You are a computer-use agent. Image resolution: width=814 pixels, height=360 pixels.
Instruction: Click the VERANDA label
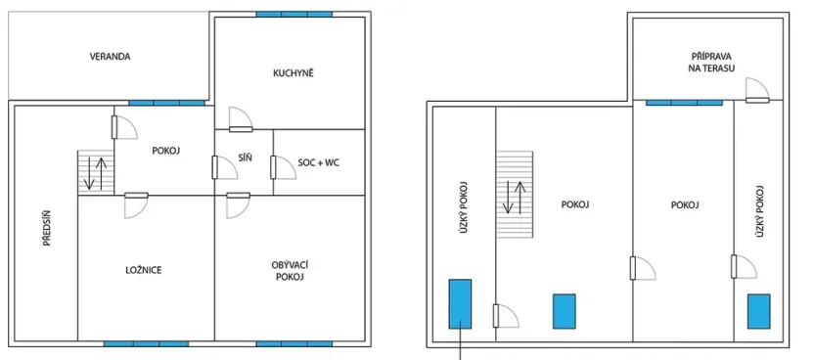(110, 57)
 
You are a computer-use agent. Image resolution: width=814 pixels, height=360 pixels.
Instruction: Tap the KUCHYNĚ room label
(294, 72)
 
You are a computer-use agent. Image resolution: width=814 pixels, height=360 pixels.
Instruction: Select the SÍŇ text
(246, 158)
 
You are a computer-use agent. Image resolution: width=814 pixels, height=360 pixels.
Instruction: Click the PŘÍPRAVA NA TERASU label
(711, 63)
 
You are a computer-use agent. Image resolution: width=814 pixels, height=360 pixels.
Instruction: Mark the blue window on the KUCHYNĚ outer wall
(294, 15)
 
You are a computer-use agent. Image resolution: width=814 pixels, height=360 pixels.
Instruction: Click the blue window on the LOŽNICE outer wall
(146, 343)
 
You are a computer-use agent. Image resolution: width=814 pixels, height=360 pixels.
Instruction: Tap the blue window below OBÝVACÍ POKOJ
(294, 343)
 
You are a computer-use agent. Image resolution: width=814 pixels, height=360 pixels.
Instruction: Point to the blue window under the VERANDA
(167, 102)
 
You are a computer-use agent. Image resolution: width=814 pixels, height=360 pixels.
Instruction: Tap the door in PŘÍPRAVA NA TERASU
(755, 90)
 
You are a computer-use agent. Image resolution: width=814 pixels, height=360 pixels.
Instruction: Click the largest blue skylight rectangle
(460, 303)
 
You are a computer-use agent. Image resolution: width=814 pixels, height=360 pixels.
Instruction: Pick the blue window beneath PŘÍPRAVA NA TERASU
(684, 101)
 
